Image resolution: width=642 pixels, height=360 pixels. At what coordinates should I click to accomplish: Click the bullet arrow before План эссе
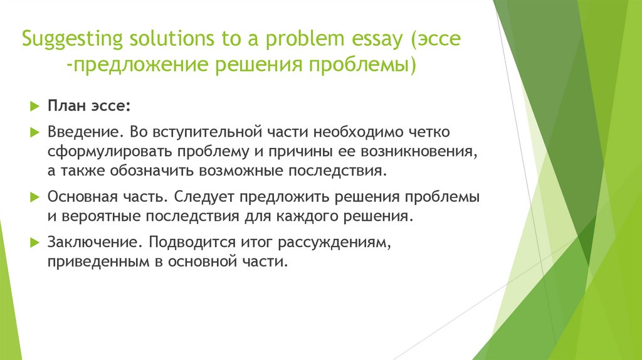[x=34, y=105]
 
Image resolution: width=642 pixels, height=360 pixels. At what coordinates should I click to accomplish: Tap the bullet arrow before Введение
[x=34, y=134]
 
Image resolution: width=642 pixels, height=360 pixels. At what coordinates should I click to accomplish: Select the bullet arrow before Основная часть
[x=34, y=197]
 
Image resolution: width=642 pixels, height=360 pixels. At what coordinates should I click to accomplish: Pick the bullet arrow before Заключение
[x=34, y=242]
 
